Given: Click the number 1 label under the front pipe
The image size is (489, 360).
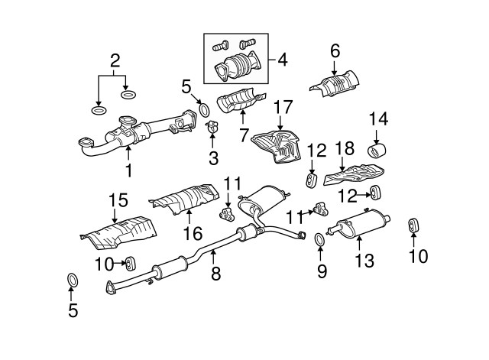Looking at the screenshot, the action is point(129,170).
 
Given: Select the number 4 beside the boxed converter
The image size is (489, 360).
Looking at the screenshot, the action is point(282,60).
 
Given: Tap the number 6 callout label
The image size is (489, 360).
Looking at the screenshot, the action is point(335,51).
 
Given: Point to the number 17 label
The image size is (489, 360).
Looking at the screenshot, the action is point(283,107).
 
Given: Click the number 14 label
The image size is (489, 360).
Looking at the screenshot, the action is point(378,119).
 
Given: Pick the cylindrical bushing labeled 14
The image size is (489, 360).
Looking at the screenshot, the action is point(377,151).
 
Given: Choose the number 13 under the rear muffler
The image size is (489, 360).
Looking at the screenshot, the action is point(364,260).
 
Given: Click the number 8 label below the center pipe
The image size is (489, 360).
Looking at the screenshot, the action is point(215,273).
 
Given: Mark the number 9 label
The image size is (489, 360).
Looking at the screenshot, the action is point(322,271).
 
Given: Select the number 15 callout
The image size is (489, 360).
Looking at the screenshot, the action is point(118,200).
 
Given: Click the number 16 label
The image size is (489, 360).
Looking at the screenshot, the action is point(193,233).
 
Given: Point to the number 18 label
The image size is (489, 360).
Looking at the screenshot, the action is point(345,148).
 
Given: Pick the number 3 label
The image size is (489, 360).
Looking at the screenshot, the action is point(213,158).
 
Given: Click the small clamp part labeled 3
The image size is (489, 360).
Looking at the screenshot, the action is point(212,126).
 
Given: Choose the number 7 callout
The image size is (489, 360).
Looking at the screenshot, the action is point(244,135).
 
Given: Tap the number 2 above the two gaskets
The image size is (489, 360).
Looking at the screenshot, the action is point(115,60).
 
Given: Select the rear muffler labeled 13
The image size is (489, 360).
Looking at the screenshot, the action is point(358,224).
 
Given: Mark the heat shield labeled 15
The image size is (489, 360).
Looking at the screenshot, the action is point(118,232).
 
